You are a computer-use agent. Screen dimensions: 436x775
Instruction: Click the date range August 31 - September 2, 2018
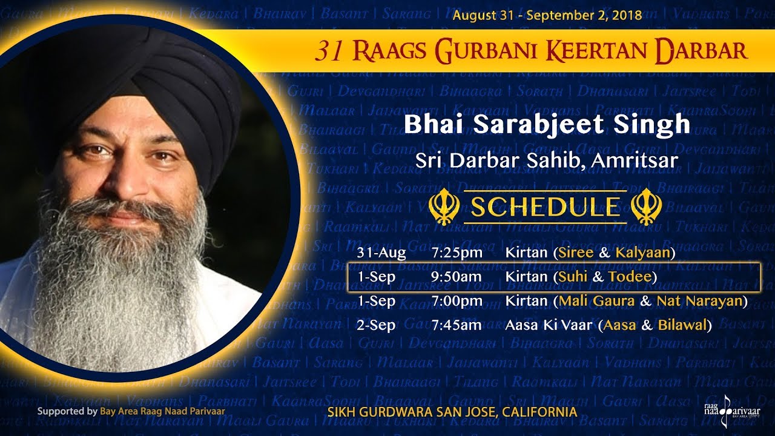[547, 15]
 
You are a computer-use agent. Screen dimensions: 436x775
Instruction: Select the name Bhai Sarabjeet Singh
[547, 125]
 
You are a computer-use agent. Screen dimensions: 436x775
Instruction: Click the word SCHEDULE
[545, 207]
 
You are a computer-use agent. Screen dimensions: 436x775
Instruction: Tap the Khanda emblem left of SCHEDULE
[441, 207]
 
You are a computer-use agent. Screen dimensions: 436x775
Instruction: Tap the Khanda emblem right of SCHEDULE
[646, 207]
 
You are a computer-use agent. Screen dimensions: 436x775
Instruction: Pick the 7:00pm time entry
[457, 301]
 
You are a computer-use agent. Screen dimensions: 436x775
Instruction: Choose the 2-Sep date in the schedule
[376, 325]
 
